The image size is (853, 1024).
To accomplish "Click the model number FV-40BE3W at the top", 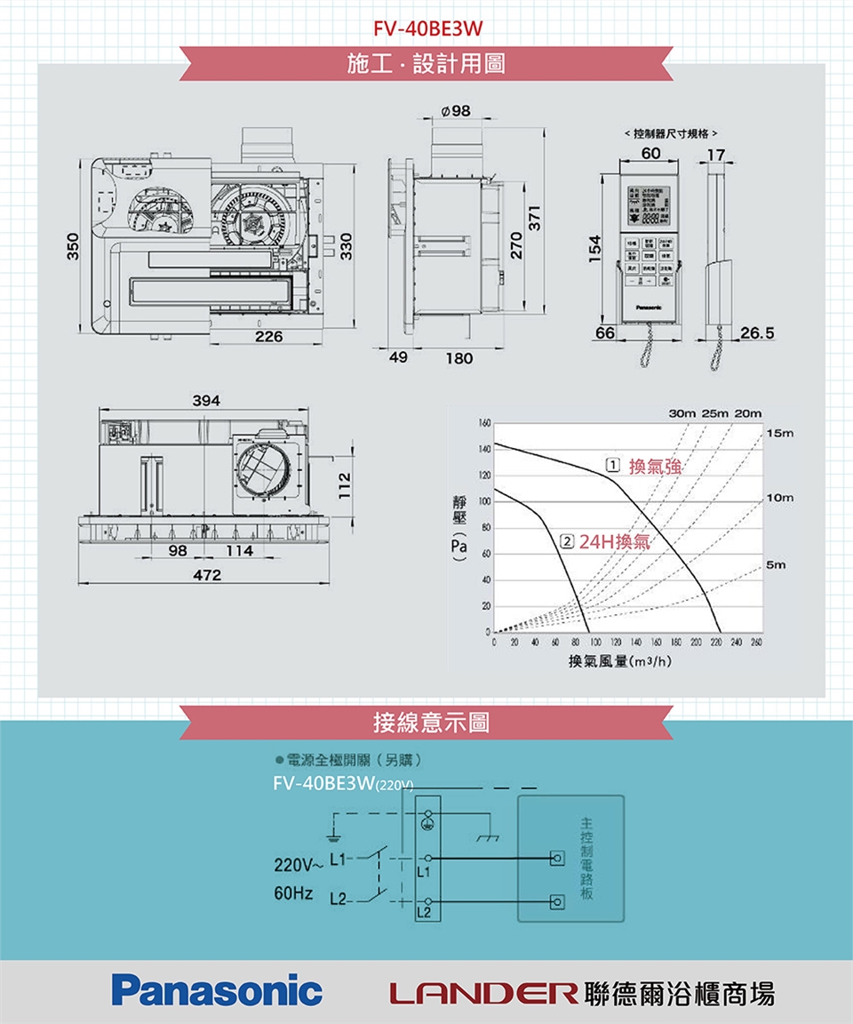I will point(427,28).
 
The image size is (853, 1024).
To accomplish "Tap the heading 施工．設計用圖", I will point(427,63).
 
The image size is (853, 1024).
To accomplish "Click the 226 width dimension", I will point(267,337).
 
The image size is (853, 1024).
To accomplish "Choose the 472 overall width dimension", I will point(206,576).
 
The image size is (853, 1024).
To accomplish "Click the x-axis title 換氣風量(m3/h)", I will point(619,661).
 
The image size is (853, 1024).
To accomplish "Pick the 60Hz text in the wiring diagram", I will point(292,892).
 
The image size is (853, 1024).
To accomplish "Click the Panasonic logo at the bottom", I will point(217,990).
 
